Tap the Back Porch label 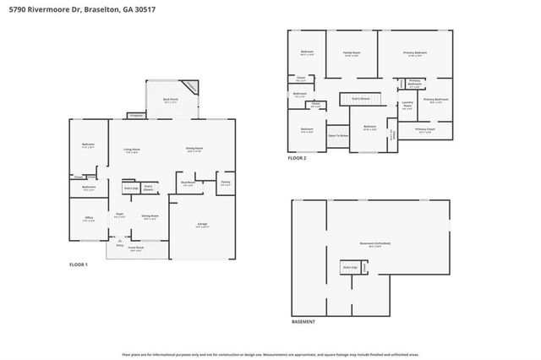(170, 100)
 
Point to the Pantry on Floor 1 (226, 183)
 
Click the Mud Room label (188, 183)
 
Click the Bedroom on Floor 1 (88, 145)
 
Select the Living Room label (131, 150)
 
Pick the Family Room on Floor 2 (352, 53)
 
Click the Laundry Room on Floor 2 (407, 106)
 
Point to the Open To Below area (338, 135)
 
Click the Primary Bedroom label (415, 53)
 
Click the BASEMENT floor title (303, 321)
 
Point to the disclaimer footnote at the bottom (270, 354)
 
